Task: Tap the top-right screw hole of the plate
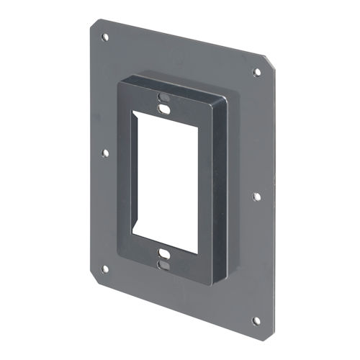tap(256, 72)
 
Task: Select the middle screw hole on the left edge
tap(105, 153)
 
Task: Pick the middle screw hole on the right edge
tap(256, 195)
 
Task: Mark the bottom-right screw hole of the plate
tap(256, 320)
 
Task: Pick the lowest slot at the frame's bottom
tap(165, 265)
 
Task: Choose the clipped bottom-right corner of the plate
tap(267, 333)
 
